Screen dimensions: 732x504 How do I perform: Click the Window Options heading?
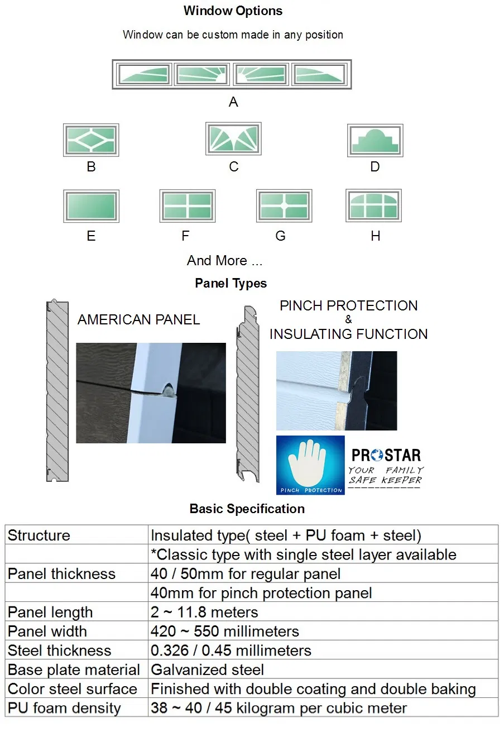coord(233,11)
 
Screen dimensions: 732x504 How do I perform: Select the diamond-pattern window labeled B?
coord(91,140)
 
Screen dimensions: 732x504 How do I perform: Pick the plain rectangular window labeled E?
coord(91,206)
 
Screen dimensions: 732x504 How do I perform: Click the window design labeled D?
coord(375,140)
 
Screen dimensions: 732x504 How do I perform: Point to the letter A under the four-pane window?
coord(233,102)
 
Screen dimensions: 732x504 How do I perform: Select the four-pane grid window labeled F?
coord(187,206)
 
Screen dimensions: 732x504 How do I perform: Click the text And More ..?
coord(224,260)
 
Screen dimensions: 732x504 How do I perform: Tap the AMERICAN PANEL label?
coord(138,320)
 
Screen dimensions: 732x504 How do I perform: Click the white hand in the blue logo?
coord(310,463)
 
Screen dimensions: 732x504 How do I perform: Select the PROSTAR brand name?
coord(386,454)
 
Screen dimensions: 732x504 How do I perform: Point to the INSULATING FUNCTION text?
coord(348,334)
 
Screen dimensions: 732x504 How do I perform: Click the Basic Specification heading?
coord(247,509)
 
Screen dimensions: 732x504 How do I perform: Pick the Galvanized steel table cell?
coord(208,669)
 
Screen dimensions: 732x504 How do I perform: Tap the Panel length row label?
coord(50,612)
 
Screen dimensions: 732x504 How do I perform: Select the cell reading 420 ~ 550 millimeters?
coord(225,631)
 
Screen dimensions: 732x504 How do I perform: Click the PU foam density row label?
coord(64,708)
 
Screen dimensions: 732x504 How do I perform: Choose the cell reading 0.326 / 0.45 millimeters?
coord(231,650)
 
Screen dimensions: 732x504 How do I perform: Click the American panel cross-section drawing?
coord(57,391)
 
